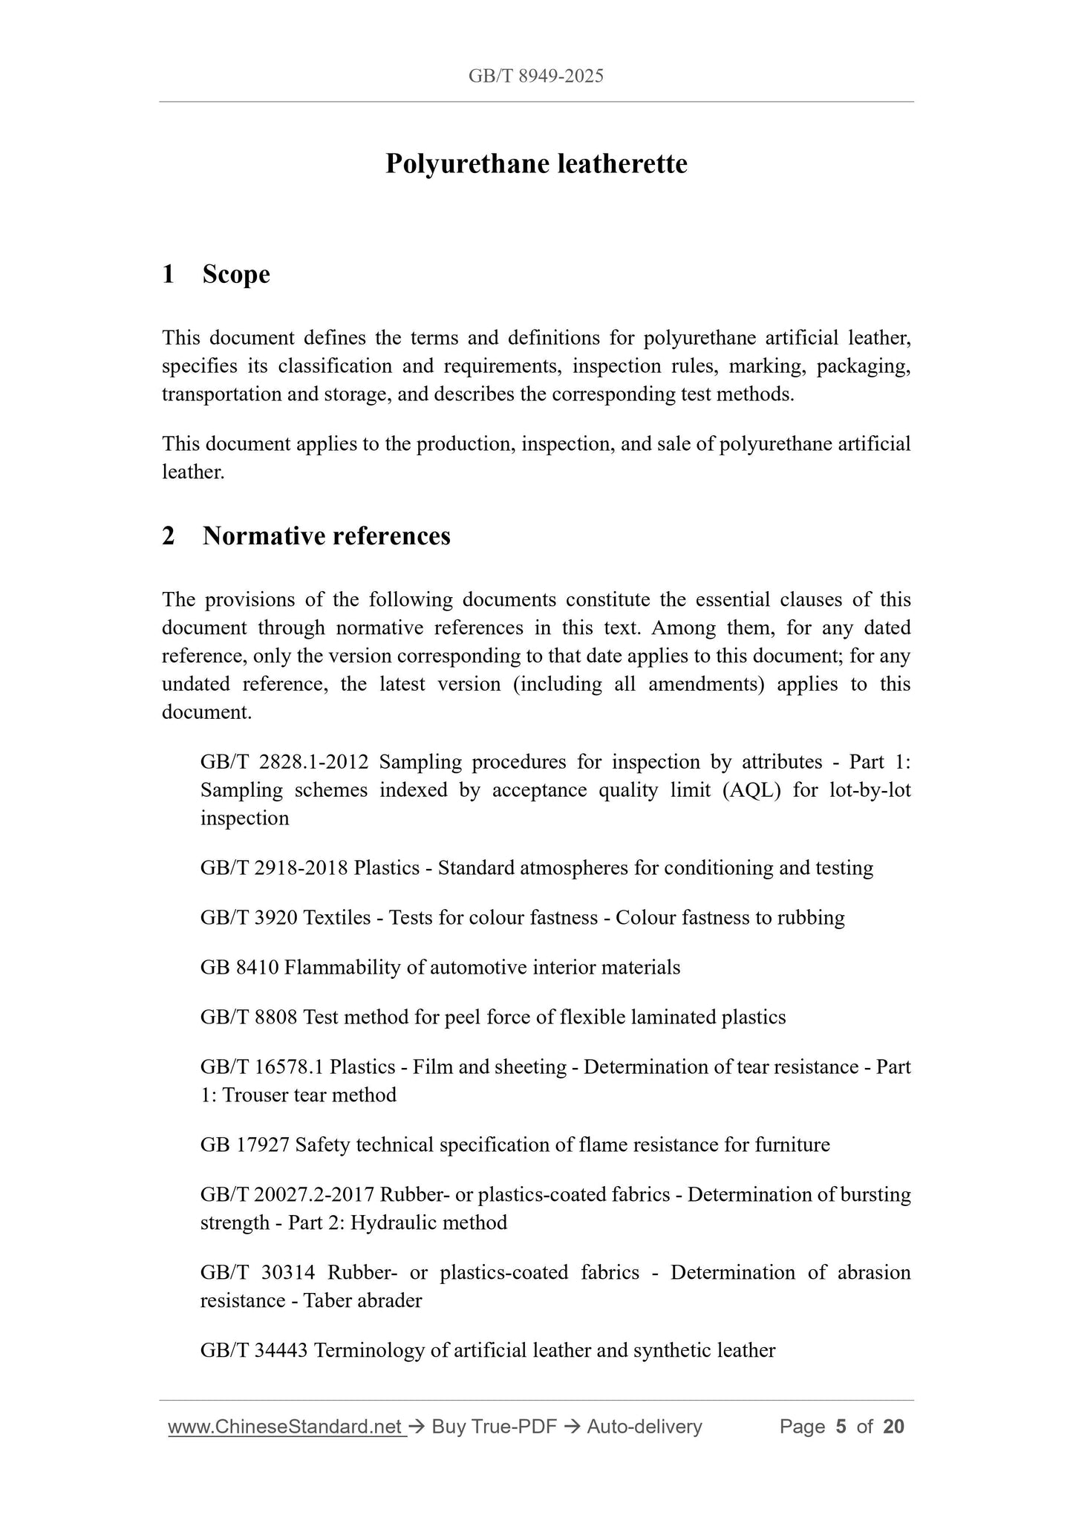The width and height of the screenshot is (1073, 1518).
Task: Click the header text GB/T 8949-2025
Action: point(535,76)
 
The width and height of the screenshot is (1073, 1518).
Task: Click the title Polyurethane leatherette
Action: point(535,163)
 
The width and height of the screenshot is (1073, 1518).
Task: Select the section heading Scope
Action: point(235,274)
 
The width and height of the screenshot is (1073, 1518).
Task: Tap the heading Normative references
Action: point(326,535)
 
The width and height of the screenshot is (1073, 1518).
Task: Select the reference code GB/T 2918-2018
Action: point(273,868)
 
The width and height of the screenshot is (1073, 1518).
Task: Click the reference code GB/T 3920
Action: point(249,918)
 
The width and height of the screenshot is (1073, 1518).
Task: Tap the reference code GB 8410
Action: point(239,968)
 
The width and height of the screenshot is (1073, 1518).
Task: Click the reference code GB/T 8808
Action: point(249,1017)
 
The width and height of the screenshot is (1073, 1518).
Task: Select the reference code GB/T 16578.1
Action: point(261,1067)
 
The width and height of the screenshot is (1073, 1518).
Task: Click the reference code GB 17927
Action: point(244,1145)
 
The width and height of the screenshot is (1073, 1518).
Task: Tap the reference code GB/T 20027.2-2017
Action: point(287,1195)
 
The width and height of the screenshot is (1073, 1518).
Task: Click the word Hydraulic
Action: point(393,1223)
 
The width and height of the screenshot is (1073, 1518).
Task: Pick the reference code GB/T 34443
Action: point(254,1351)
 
